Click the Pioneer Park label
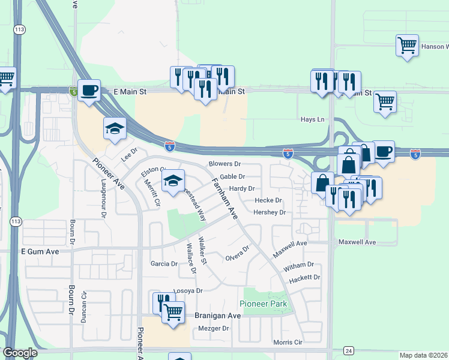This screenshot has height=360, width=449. tap(264, 304)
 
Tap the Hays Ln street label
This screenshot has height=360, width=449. tap(312, 119)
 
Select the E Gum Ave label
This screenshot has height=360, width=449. tap(40, 251)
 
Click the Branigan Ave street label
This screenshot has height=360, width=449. tap(217, 316)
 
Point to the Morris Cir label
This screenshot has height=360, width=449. tap(286, 342)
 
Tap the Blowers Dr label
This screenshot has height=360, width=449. tap(224, 164)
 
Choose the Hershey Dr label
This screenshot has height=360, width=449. tap(269, 212)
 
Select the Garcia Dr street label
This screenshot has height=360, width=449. tap(164, 263)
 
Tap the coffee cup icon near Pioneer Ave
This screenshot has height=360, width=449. tap(89, 91)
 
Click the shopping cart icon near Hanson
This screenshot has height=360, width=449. tap(407, 45)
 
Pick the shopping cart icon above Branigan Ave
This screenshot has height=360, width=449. tap(173, 311)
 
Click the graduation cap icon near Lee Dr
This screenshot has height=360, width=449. tap(115, 128)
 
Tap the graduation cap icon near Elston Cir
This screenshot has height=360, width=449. tap(173, 181)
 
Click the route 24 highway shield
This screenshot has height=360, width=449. tap(348, 350)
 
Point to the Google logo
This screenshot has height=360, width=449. tap(20, 353)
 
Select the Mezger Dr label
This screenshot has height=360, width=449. tap(214, 329)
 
